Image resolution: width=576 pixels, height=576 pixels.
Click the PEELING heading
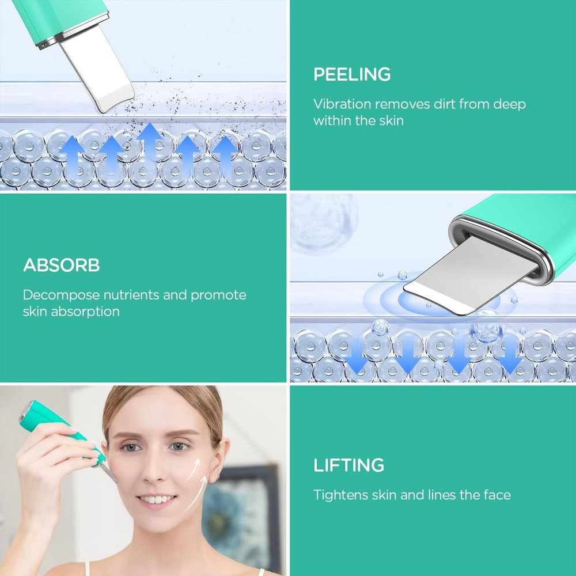(352, 74)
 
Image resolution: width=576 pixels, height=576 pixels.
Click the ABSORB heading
(62, 265)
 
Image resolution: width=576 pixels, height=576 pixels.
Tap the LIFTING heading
(348, 465)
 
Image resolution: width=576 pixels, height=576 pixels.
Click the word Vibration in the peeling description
(342, 104)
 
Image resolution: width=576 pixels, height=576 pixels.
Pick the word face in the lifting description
(497, 495)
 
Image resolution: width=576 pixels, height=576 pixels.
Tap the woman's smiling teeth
(157, 499)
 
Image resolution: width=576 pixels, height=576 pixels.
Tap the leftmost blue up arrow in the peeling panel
(72, 154)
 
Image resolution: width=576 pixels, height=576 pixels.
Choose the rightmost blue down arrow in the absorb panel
(510, 354)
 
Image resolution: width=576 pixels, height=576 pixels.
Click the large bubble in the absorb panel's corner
(324, 223)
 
